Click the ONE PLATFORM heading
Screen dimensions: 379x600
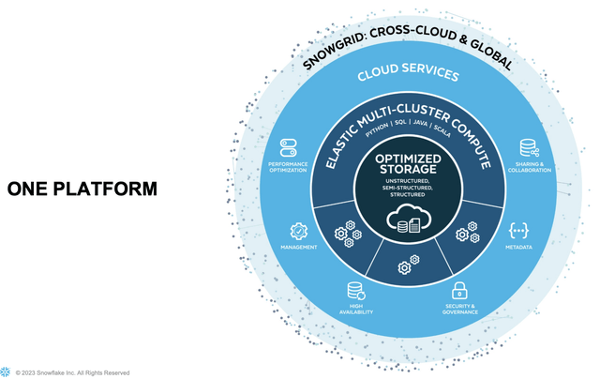pyautogui.click(x=82, y=189)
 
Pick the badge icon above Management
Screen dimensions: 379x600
pyautogui.click(x=298, y=230)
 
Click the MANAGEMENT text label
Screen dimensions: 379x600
pyautogui.click(x=298, y=248)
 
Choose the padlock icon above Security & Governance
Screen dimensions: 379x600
pyautogui.click(x=459, y=290)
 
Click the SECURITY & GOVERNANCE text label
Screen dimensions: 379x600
pyautogui.click(x=459, y=309)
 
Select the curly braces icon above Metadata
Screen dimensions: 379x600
pyautogui.click(x=518, y=230)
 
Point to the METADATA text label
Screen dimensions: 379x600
pyautogui.click(x=518, y=248)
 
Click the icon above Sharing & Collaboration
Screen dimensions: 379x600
pyautogui.click(x=528, y=148)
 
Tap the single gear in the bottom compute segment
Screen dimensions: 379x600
pyautogui.click(x=404, y=268)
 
